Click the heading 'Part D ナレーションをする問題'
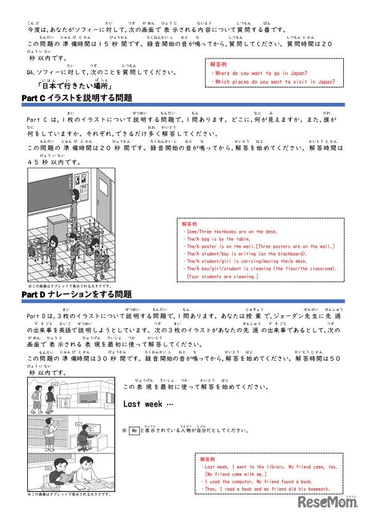[76, 295]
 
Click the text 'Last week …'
[148, 405]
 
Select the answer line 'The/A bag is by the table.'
[225, 239]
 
